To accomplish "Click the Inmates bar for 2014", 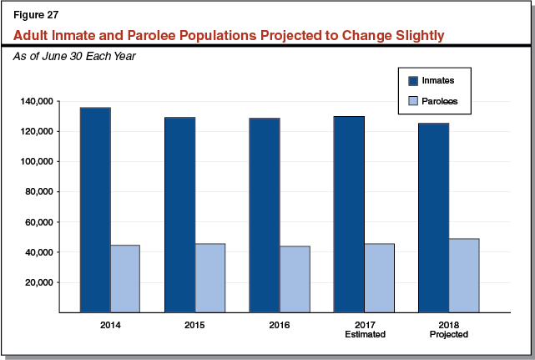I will click(94, 210).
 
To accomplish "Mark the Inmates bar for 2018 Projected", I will click(433, 217).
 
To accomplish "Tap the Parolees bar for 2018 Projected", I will click(463, 275).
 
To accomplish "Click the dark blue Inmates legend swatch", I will click(412, 81).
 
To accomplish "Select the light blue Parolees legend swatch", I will click(412, 101).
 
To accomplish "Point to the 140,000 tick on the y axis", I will click(38, 101).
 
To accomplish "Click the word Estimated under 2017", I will click(364, 334).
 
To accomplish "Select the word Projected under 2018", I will click(449, 334).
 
